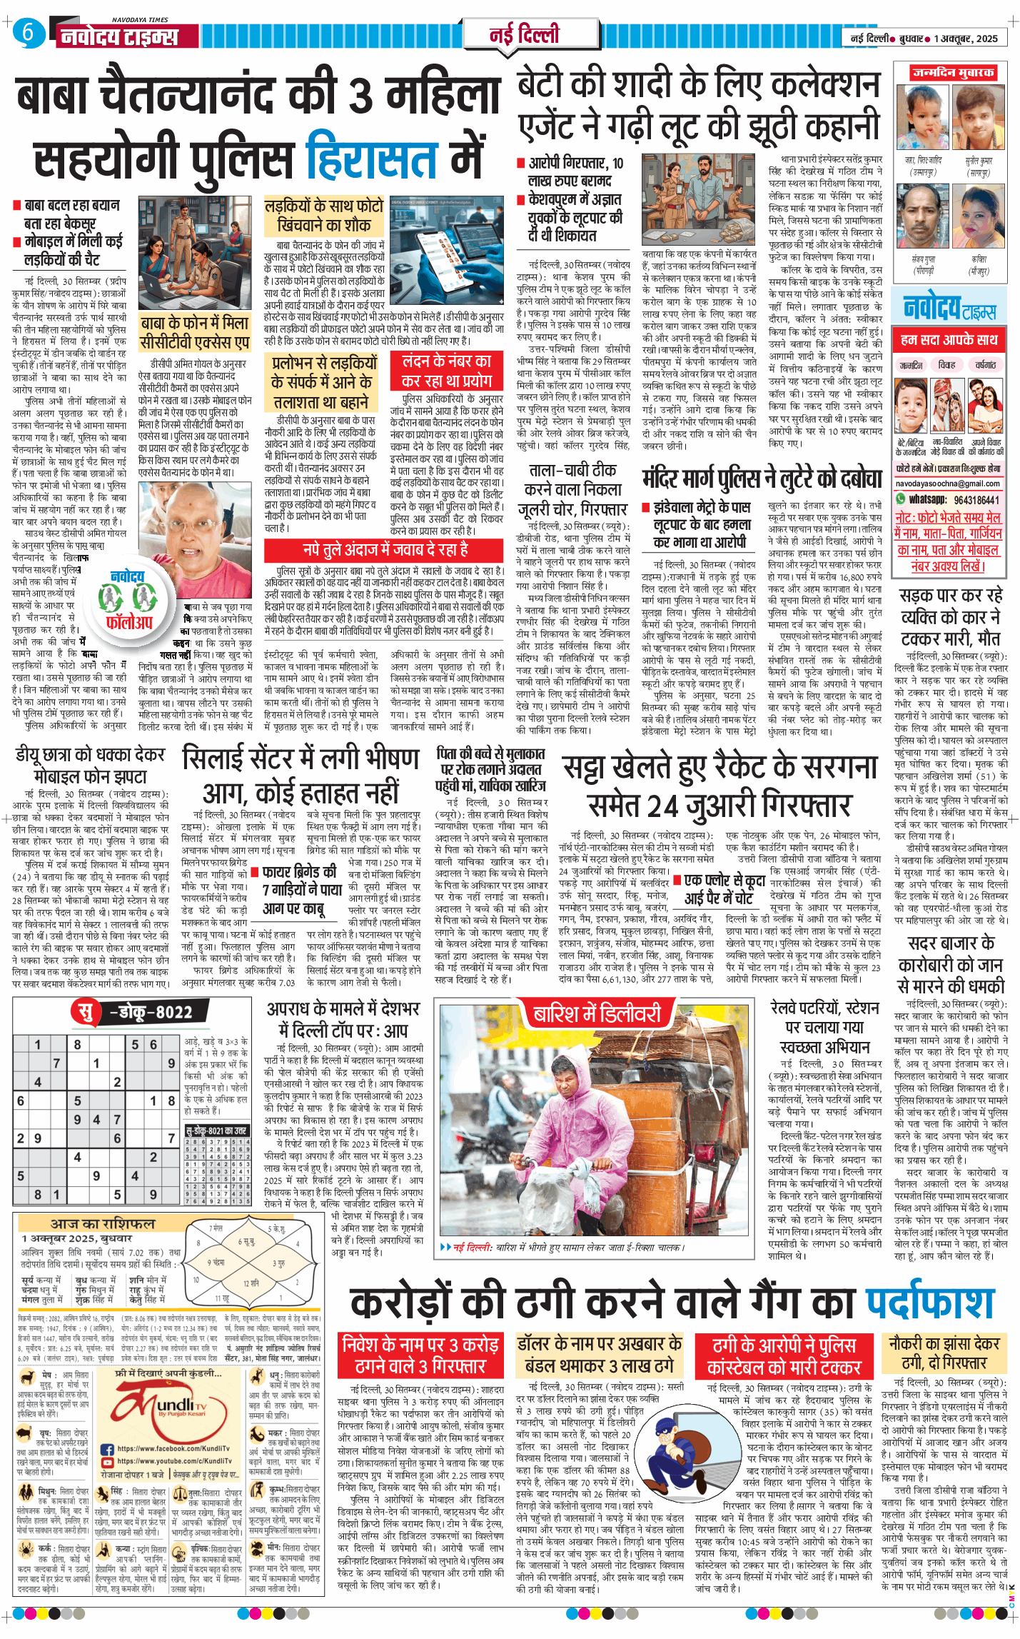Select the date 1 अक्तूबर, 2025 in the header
pos(965,39)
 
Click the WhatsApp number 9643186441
pos(976,499)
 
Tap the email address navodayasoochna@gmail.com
pos(948,483)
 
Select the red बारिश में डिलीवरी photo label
pos(597,1014)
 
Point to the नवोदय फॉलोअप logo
pos(129,600)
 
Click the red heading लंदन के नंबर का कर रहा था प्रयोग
pos(447,371)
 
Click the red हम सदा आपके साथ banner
pos(949,340)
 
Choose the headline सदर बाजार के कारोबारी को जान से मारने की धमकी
pos(951,965)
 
